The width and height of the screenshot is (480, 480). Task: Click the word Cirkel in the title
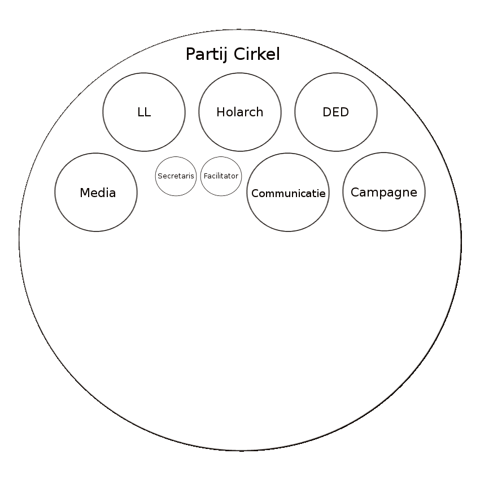click(x=256, y=55)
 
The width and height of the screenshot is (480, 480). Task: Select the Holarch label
click(x=240, y=112)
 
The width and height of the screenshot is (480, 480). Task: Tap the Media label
click(x=98, y=193)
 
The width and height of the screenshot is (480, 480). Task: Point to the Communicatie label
click(x=288, y=194)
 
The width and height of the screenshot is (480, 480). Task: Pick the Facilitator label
click(x=221, y=176)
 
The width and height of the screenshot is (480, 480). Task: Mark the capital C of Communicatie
click(x=255, y=194)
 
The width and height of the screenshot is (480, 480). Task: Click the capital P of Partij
click(x=190, y=55)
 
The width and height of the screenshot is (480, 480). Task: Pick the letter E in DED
click(x=335, y=112)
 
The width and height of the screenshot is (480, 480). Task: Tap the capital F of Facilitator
click(x=204, y=176)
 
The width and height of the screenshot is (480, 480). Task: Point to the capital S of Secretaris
click(x=160, y=176)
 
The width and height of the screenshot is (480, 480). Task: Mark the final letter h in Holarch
click(x=260, y=112)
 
